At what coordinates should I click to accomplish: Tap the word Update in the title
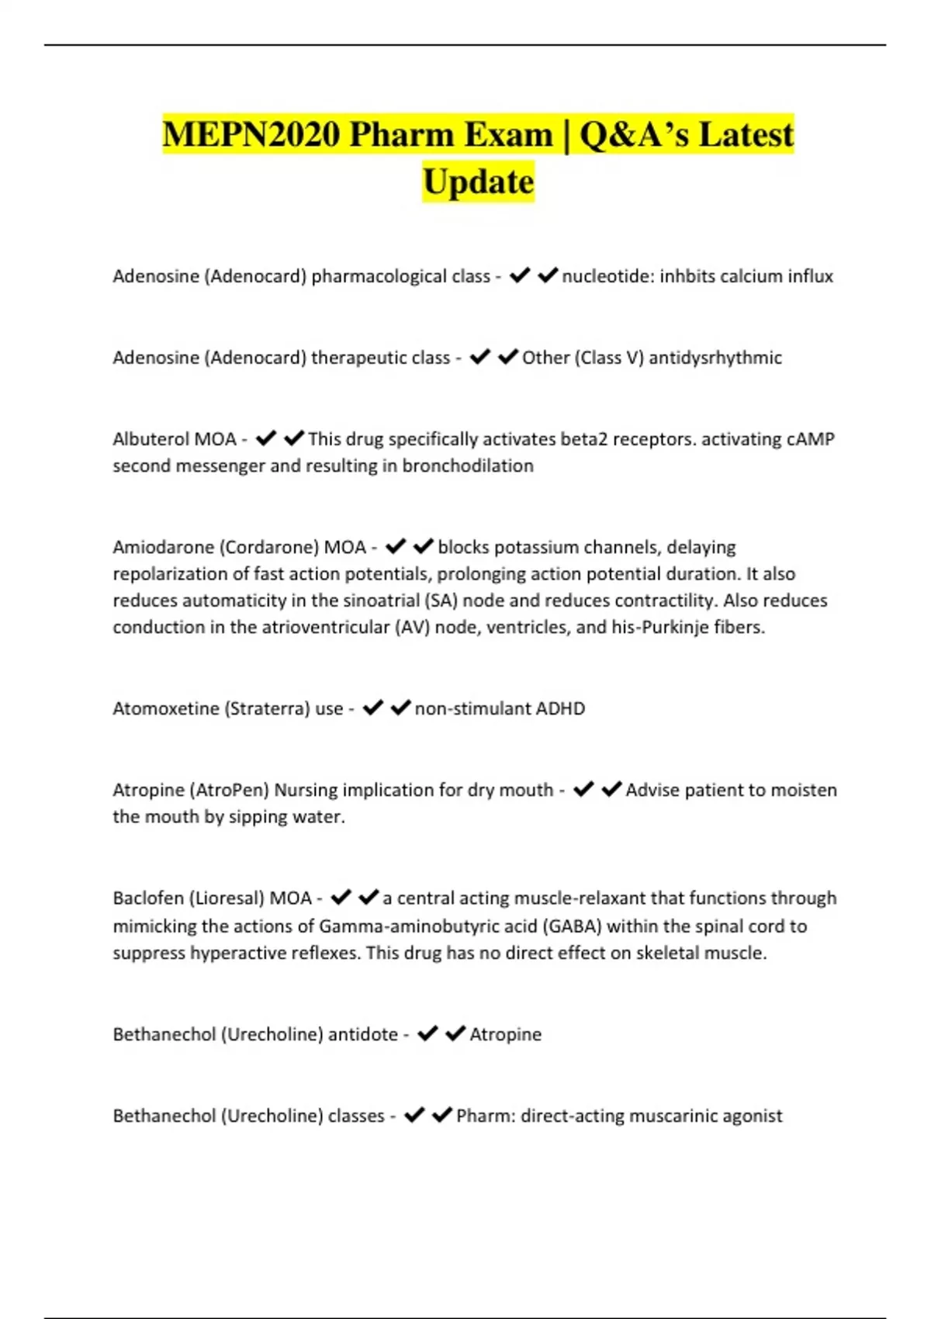[x=478, y=182]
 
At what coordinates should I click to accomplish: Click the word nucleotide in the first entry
[x=607, y=276]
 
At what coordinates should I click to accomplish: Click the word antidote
[x=362, y=1034]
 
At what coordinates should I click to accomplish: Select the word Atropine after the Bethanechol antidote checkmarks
[x=505, y=1034]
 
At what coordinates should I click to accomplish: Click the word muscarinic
[x=672, y=1116]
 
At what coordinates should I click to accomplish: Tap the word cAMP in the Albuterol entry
[x=810, y=439]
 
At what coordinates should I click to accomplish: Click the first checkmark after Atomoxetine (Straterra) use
[x=373, y=708]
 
